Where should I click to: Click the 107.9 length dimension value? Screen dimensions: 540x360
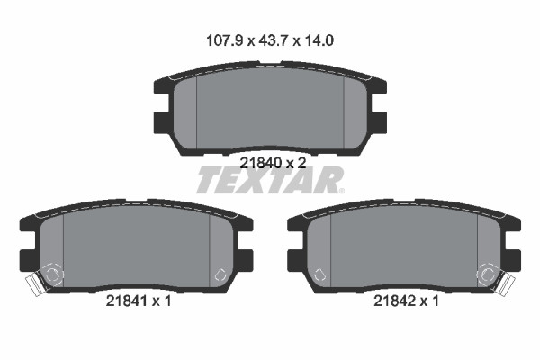tap(224, 40)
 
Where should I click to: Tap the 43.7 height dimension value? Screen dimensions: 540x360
tap(273, 40)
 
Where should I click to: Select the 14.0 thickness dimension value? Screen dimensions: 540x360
tap(318, 40)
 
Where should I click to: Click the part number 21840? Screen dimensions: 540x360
tap(261, 163)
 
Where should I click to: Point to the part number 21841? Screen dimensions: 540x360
tap(127, 301)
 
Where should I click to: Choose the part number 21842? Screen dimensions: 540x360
tap(395, 301)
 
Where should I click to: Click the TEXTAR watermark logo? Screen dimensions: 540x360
tap(269, 180)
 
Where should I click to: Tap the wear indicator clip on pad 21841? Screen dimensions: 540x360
tap(34, 283)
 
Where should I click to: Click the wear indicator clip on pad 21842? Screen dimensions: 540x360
tap(506, 283)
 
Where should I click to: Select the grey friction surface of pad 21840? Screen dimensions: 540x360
tap(270, 110)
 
